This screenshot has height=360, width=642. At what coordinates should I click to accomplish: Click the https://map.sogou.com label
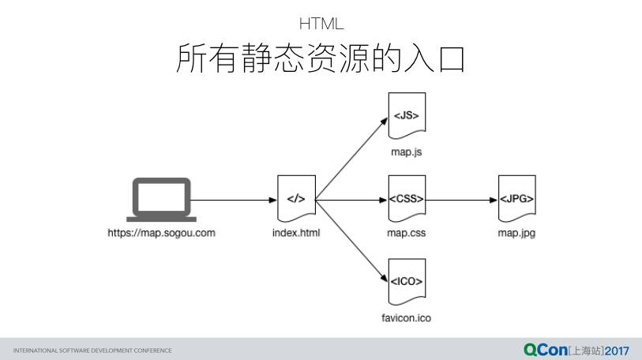(x=161, y=233)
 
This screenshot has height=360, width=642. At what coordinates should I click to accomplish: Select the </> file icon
(x=296, y=199)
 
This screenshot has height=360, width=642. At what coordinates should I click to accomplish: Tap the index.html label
(x=296, y=233)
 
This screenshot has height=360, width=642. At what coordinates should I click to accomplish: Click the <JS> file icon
(x=407, y=116)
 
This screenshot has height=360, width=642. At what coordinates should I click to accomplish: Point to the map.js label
(x=407, y=151)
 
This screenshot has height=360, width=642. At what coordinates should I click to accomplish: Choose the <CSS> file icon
(x=407, y=199)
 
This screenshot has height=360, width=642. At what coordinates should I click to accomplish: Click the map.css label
(x=407, y=233)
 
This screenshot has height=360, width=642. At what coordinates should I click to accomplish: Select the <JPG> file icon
(x=516, y=199)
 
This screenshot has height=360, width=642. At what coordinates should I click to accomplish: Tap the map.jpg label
(x=516, y=233)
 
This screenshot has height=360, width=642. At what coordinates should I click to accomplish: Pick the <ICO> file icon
(x=407, y=282)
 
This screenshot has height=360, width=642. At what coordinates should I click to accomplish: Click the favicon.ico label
(x=407, y=318)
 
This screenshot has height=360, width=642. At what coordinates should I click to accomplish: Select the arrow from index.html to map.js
(x=351, y=158)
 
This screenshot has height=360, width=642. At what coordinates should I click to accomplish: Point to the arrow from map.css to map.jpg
(x=462, y=200)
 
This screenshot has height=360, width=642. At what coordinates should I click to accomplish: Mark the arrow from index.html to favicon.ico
(x=351, y=241)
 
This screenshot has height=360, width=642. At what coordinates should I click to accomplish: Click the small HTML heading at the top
(x=321, y=24)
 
